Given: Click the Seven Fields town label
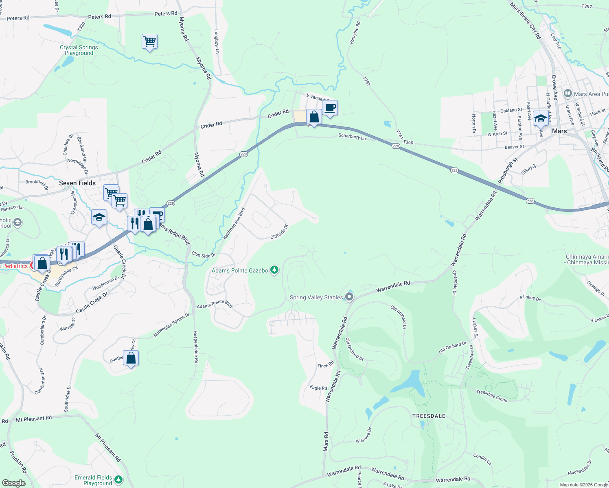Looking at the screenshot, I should point(77,183).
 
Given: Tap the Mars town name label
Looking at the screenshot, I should point(559,131).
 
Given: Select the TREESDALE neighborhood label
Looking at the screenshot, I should point(429,416).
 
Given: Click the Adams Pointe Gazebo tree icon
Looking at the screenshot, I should point(275,270).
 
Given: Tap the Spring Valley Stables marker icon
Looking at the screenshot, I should point(349,297).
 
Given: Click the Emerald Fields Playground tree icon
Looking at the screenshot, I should point(118,480).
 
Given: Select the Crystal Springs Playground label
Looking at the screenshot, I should point(79,50).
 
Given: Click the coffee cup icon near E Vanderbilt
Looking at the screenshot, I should point(330,108).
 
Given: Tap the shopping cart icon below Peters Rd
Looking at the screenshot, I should point(149,41).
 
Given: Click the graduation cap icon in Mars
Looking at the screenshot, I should point(540,118).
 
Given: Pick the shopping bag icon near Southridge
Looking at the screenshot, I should point(131,358).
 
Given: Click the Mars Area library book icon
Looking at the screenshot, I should point(568,94).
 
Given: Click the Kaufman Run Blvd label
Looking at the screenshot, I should point(234,223).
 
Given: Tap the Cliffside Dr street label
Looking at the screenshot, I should point(279,232).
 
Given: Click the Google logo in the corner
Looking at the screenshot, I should point(13,483).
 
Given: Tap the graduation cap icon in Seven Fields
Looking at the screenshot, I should point(99,218).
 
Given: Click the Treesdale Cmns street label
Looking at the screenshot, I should point(492,396).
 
